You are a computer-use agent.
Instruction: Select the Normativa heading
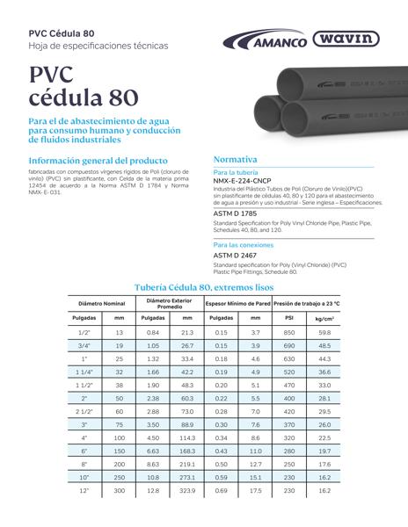[235, 160]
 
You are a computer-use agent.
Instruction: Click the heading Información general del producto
[98, 162]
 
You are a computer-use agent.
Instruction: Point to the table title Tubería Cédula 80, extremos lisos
[204, 287]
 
